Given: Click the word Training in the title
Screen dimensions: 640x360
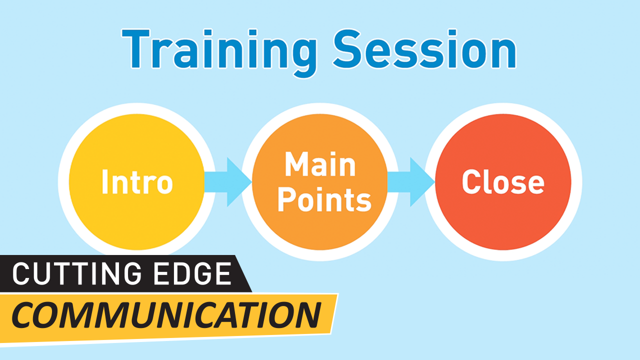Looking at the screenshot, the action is click(219, 53).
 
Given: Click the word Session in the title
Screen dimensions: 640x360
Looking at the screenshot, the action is click(425, 49).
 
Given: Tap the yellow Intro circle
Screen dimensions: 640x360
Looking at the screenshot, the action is click(137, 182).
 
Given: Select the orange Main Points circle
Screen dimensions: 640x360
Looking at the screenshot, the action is click(320, 182).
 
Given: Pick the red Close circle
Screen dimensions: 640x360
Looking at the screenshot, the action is click(503, 182).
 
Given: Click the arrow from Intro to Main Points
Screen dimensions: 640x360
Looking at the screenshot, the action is click(228, 182).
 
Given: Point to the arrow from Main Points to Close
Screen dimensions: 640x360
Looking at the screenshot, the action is click(411, 182).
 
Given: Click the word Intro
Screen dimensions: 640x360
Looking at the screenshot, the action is click(137, 181).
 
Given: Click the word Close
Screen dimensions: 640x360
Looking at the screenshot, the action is click(503, 181).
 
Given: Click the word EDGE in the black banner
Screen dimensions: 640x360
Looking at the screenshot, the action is click(192, 273).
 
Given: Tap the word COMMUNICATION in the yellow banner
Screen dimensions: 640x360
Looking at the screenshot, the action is click(166, 315).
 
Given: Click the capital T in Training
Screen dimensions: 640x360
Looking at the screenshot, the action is click(136, 49).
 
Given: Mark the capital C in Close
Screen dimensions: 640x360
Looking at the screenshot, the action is click(471, 181).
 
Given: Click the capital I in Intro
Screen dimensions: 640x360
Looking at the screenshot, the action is click(105, 181).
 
